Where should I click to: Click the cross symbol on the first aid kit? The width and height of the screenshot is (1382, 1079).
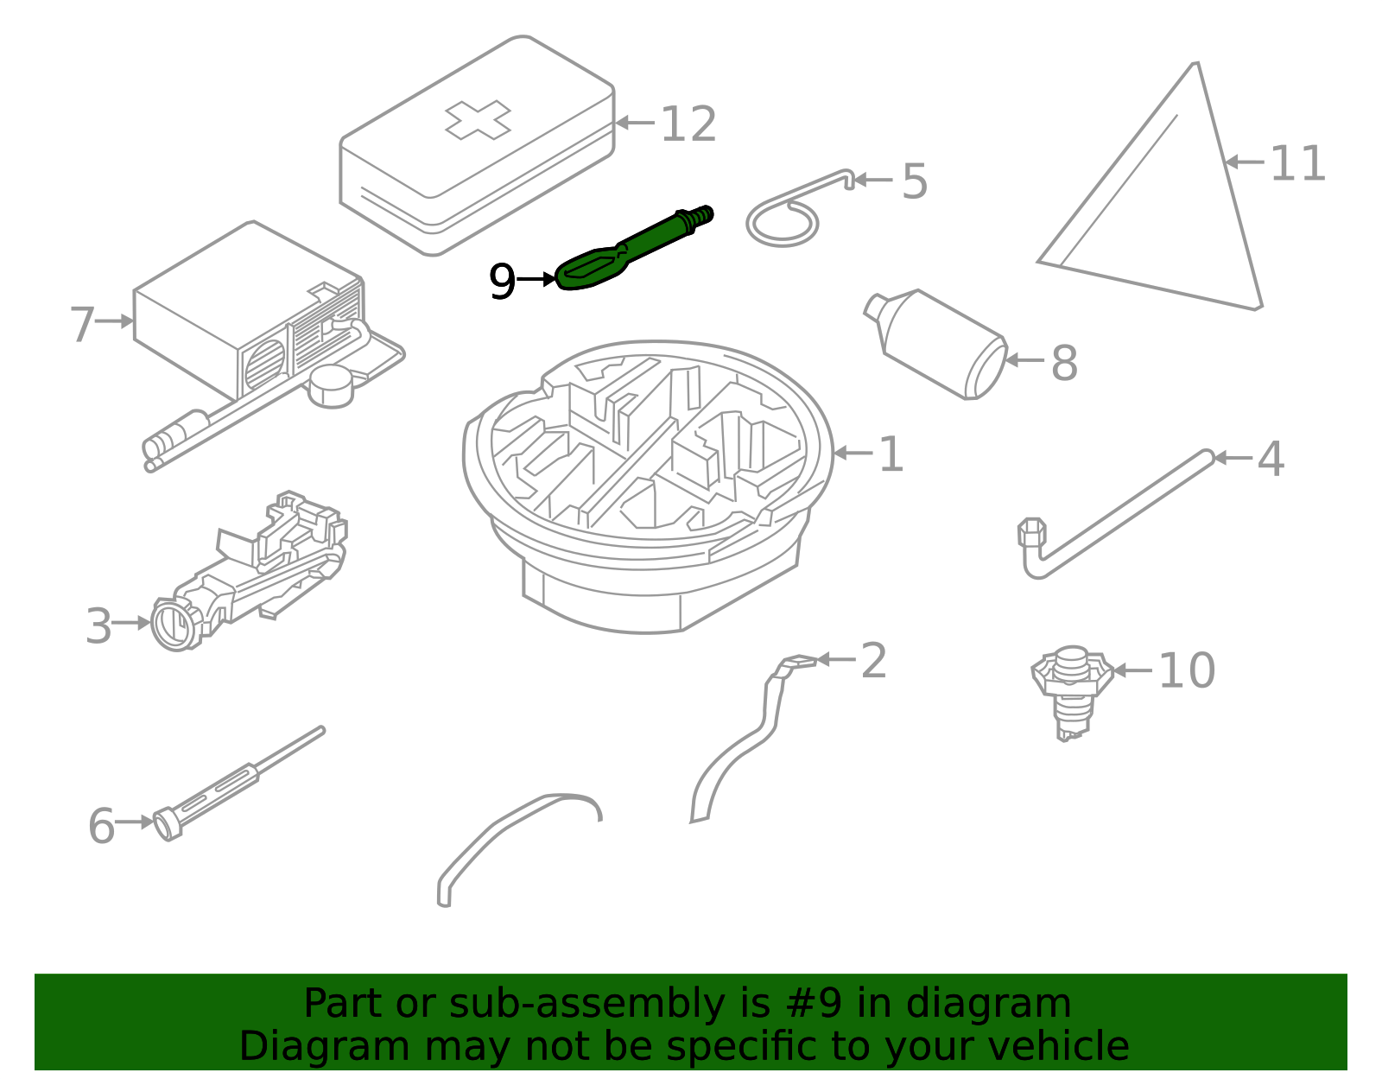(x=478, y=119)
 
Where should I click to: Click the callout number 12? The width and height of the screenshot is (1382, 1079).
(x=688, y=124)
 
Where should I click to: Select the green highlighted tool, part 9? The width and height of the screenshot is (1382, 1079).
(x=635, y=247)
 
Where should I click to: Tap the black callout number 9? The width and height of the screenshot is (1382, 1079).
(x=502, y=282)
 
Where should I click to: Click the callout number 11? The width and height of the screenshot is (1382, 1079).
(x=1297, y=164)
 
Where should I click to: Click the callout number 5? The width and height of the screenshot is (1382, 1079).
(x=915, y=181)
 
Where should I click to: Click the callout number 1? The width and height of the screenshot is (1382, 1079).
(x=891, y=454)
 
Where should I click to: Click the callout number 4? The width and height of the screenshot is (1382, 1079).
(x=1270, y=459)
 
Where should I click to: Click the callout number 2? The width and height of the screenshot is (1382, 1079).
(x=873, y=661)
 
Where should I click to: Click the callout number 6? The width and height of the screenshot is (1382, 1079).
(x=101, y=826)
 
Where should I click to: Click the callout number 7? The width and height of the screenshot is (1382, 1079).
(x=81, y=325)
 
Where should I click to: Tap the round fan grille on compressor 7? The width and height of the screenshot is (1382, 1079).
(x=264, y=364)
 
